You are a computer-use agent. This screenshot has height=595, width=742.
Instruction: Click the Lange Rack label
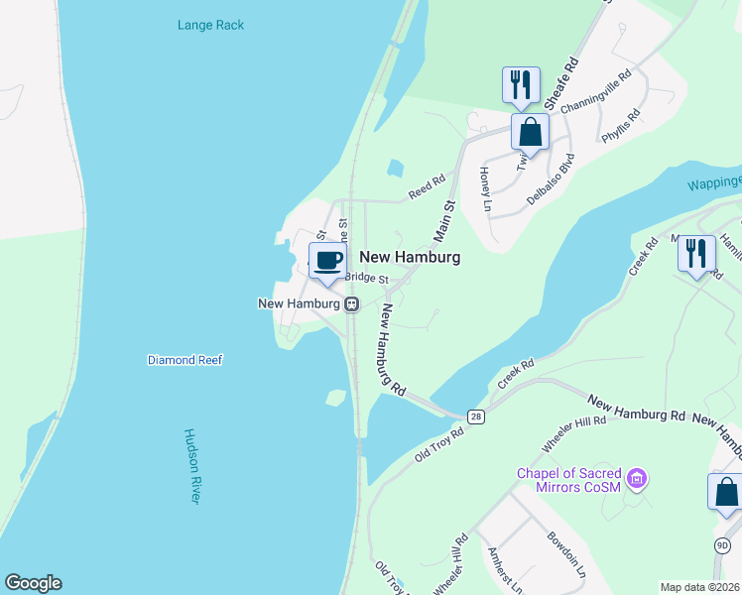click(x=210, y=25)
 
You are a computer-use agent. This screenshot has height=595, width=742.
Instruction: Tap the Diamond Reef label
click(x=185, y=360)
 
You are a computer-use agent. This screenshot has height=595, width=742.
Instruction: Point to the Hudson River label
click(x=192, y=466)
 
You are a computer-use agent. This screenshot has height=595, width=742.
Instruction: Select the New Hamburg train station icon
click(x=351, y=304)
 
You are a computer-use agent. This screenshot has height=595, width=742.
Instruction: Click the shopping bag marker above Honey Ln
click(x=531, y=133)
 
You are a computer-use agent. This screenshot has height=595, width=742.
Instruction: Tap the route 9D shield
click(x=722, y=544)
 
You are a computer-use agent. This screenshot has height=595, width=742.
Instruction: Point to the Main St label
click(x=442, y=220)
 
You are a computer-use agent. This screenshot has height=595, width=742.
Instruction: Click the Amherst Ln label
click(x=505, y=569)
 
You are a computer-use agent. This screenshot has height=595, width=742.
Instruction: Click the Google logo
click(x=33, y=583)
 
